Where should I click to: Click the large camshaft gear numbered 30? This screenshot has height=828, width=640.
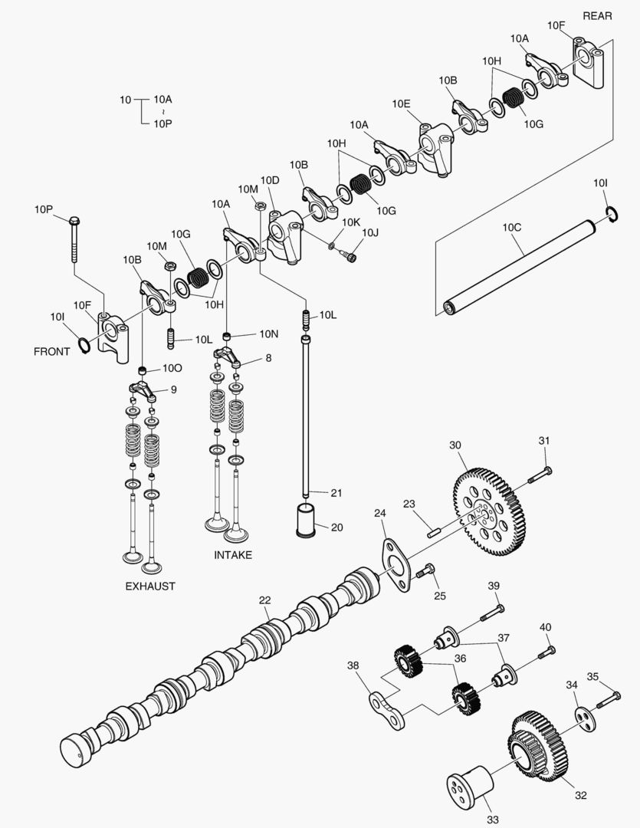tap(487, 510)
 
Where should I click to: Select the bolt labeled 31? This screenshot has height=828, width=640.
tap(540, 475)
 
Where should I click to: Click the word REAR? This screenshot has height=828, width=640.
tap(598, 16)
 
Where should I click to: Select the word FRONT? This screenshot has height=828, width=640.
tap(51, 352)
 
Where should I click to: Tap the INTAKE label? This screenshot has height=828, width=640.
tap(233, 555)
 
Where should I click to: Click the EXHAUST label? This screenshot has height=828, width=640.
tap(150, 586)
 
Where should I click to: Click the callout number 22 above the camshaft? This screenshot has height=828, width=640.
tap(264, 600)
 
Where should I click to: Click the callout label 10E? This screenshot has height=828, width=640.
tap(401, 104)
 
